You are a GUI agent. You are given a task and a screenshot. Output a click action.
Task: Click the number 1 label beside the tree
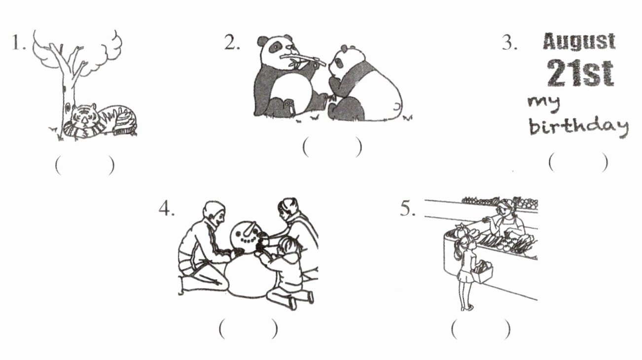[19, 43]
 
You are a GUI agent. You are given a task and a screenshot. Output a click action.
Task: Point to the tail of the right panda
[396, 107]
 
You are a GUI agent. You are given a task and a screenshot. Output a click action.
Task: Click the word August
[579, 42]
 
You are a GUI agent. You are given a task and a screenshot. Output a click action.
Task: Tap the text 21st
[580, 73]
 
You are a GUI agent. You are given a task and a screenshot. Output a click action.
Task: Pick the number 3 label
[509, 43]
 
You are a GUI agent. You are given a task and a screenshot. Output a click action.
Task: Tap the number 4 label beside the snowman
[167, 209]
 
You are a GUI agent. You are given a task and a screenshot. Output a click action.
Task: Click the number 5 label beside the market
[408, 209]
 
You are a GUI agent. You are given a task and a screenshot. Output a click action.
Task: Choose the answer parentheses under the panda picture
[332, 147]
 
